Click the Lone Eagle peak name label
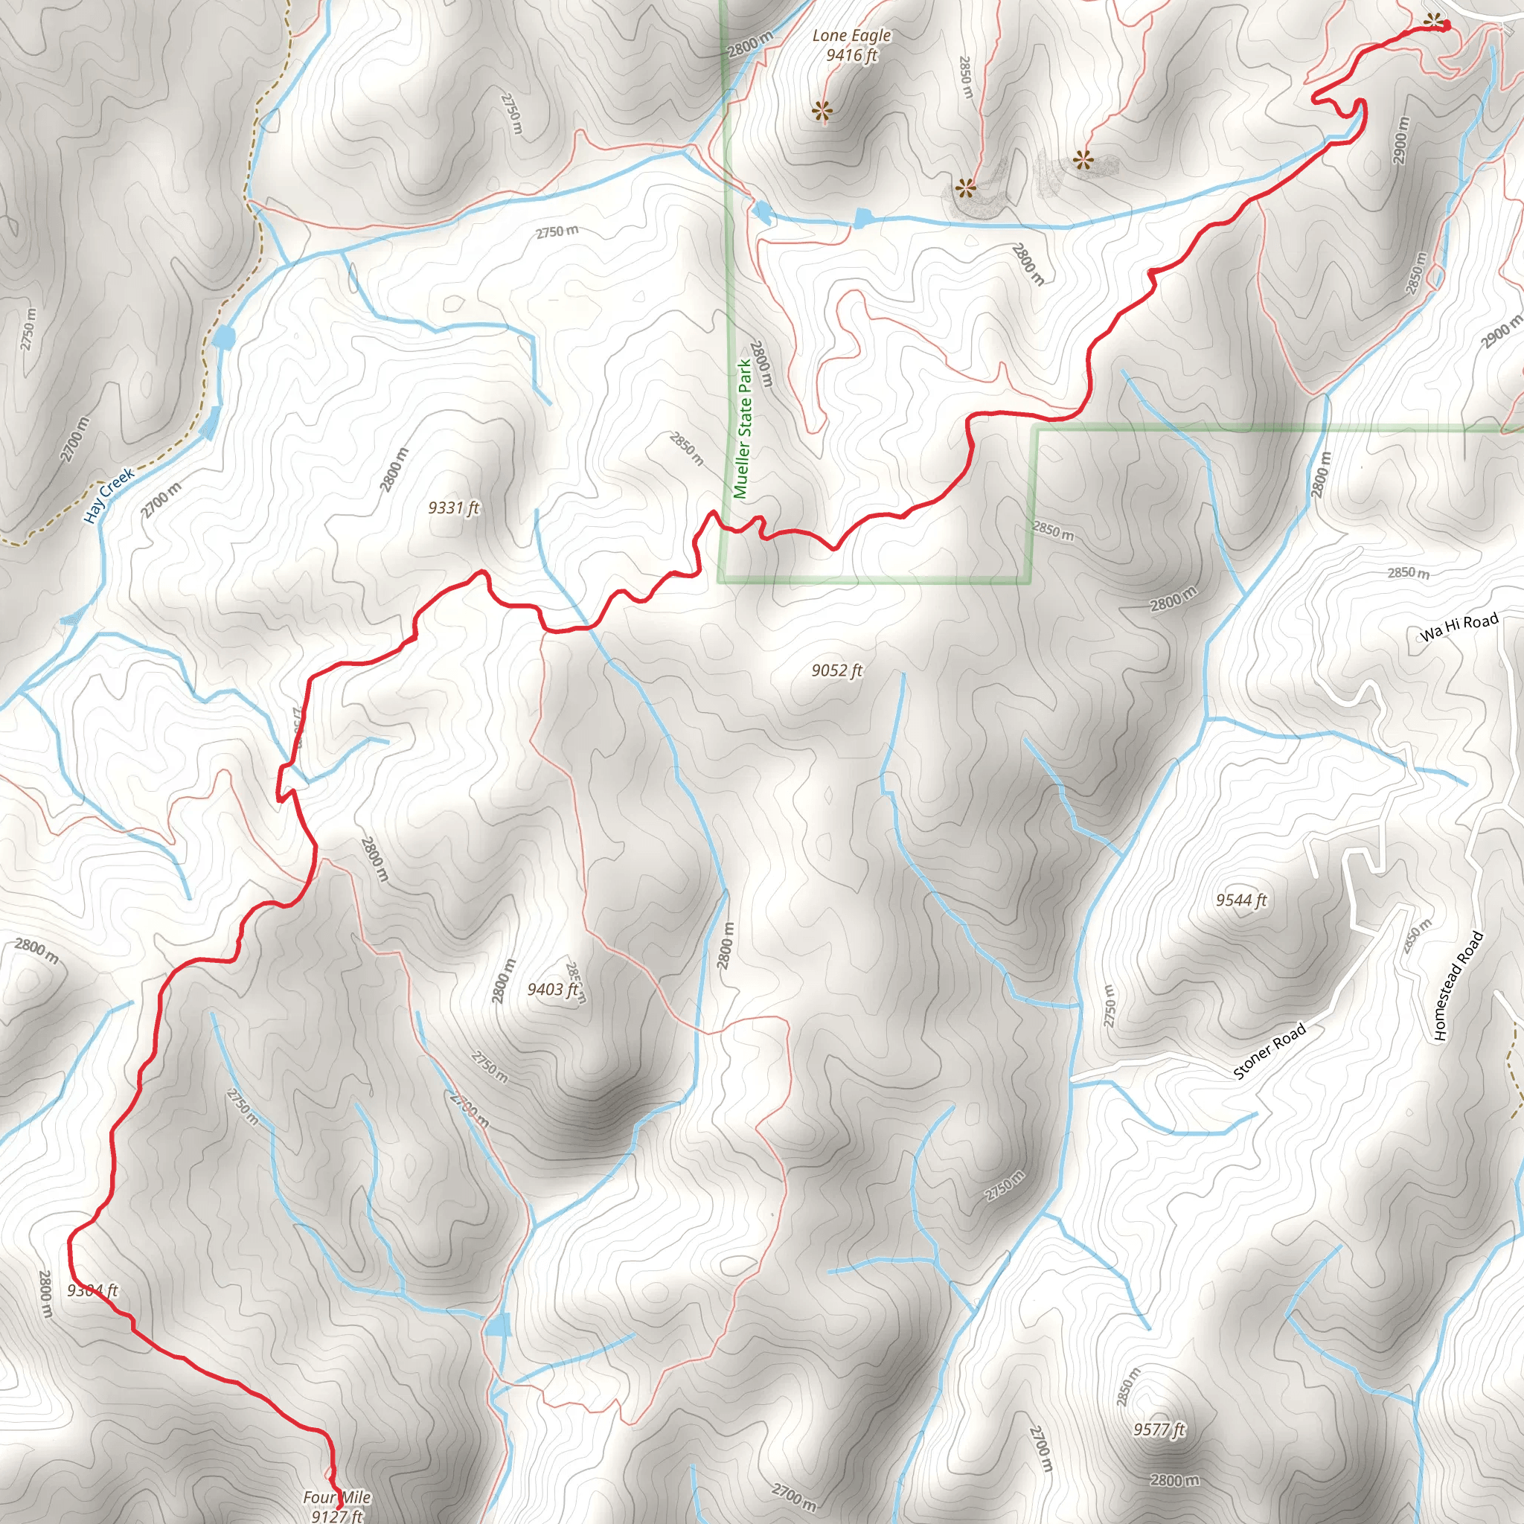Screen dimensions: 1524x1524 tap(851, 36)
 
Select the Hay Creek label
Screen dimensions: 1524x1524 tap(109, 496)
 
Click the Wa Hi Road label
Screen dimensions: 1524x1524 tap(1459, 627)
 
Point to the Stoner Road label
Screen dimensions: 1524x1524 tap(1270, 1051)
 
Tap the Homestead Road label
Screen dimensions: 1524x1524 tap(1459, 987)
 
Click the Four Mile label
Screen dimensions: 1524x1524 tap(336, 1497)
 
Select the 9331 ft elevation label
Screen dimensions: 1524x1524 tap(454, 508)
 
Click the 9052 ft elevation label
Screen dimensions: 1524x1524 tap(837, 670)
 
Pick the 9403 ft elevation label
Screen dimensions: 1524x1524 tap(553, 989)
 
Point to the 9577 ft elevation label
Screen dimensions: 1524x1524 tap(1159, 1429)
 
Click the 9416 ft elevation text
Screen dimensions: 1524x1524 tap(851, 55)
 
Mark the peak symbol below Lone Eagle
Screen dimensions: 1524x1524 tap(822, 112)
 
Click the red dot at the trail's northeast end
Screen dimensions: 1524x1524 tap(1446, 27)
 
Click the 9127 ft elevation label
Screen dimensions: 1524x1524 tap(337, 1515)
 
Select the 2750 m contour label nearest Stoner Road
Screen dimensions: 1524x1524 tap(1110, 1006)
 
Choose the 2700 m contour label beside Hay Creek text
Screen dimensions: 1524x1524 tap(161, 500)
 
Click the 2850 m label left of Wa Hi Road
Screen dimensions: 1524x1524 tap(1408, 573)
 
